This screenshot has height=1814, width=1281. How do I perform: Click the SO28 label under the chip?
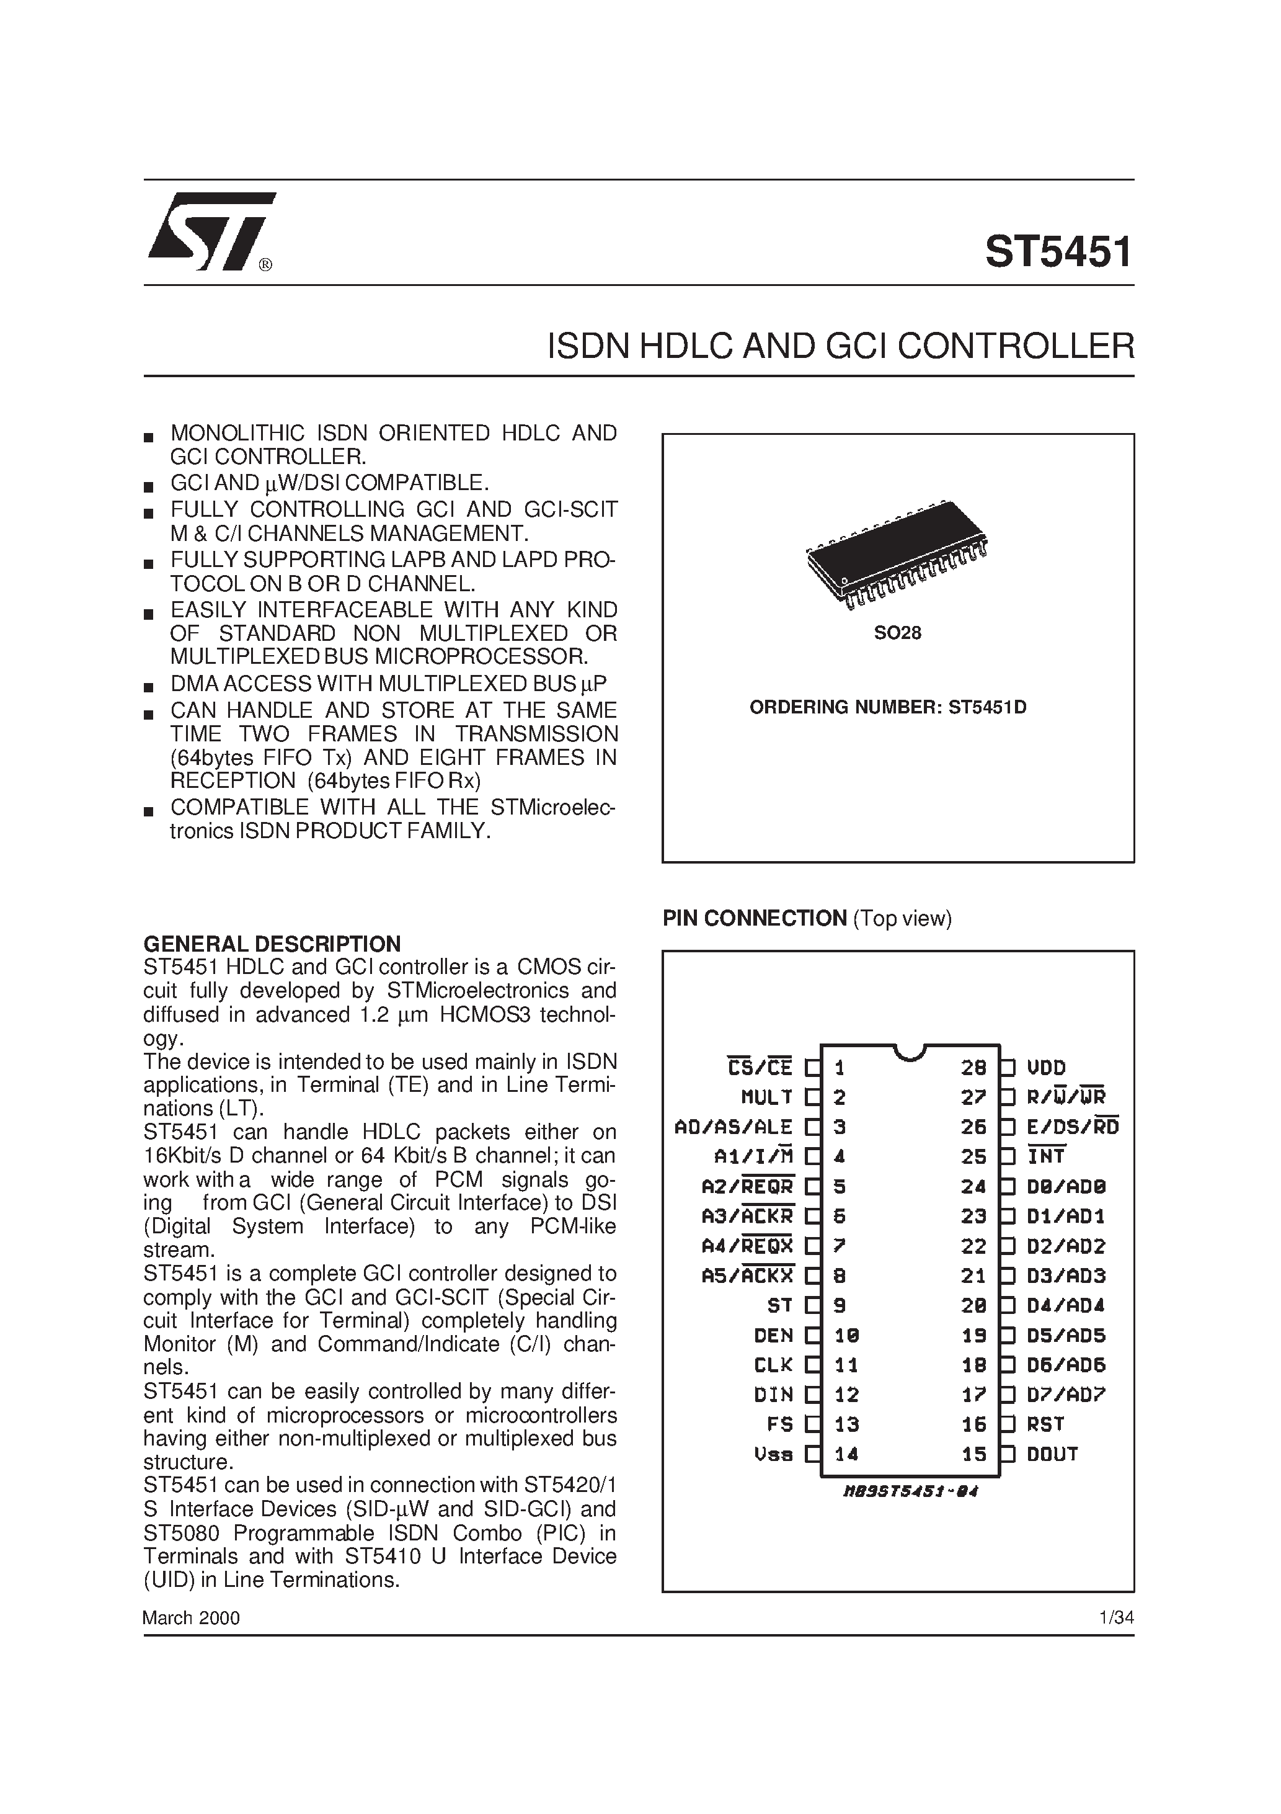click(897, 633)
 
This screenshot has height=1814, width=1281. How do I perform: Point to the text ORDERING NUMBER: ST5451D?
click(888, 707)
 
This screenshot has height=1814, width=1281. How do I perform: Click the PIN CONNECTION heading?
click(754, 918)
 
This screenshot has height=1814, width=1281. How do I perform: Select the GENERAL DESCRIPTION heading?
click(272, 944)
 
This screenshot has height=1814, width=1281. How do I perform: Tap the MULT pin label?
click(766, 1097)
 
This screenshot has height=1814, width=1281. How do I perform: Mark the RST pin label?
click(1045, 1424)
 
